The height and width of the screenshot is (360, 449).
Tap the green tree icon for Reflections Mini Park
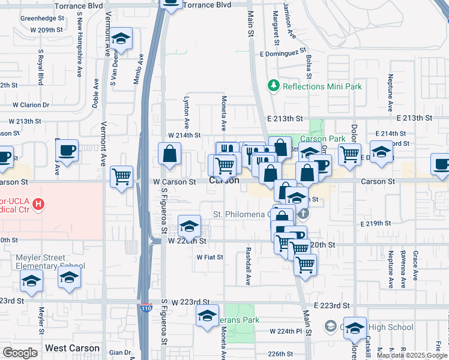point(274,86)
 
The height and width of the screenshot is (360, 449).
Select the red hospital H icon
point(39,205)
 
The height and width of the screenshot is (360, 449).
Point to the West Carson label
point(72,348)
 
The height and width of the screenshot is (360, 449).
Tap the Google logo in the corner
point(20,353)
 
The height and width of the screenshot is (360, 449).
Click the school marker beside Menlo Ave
point(121,40)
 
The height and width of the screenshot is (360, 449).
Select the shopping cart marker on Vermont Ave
point(122,176)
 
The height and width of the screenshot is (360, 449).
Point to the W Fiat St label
point(209,257)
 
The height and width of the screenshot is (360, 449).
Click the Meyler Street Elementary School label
point(50,262)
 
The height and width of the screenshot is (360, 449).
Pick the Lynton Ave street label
point(187,112)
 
